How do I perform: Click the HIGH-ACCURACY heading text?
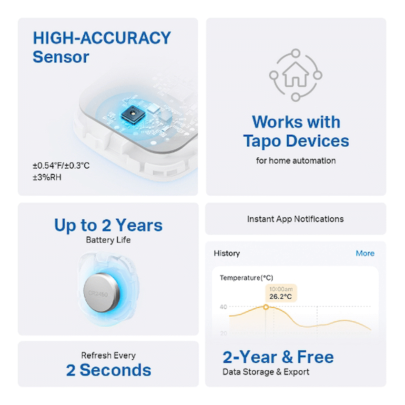[101, 38]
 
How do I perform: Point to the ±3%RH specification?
[47, 177]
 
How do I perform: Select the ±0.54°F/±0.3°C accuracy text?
[61, 166]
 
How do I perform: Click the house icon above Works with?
[295, 75]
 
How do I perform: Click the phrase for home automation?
[295, 161]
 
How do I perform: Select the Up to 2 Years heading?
[108, 225]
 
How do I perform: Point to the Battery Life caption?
[108, 240]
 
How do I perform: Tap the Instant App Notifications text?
[295, 219]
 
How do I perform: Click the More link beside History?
[365, 253]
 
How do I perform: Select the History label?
[227, 253]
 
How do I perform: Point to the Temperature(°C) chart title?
[246, 278]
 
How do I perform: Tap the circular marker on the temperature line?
[266, 306]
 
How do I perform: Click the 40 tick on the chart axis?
[223, 307]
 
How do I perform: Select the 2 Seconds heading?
[108, 370]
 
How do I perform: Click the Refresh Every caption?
[108, 355]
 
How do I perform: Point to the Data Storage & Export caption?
[266, 372]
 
